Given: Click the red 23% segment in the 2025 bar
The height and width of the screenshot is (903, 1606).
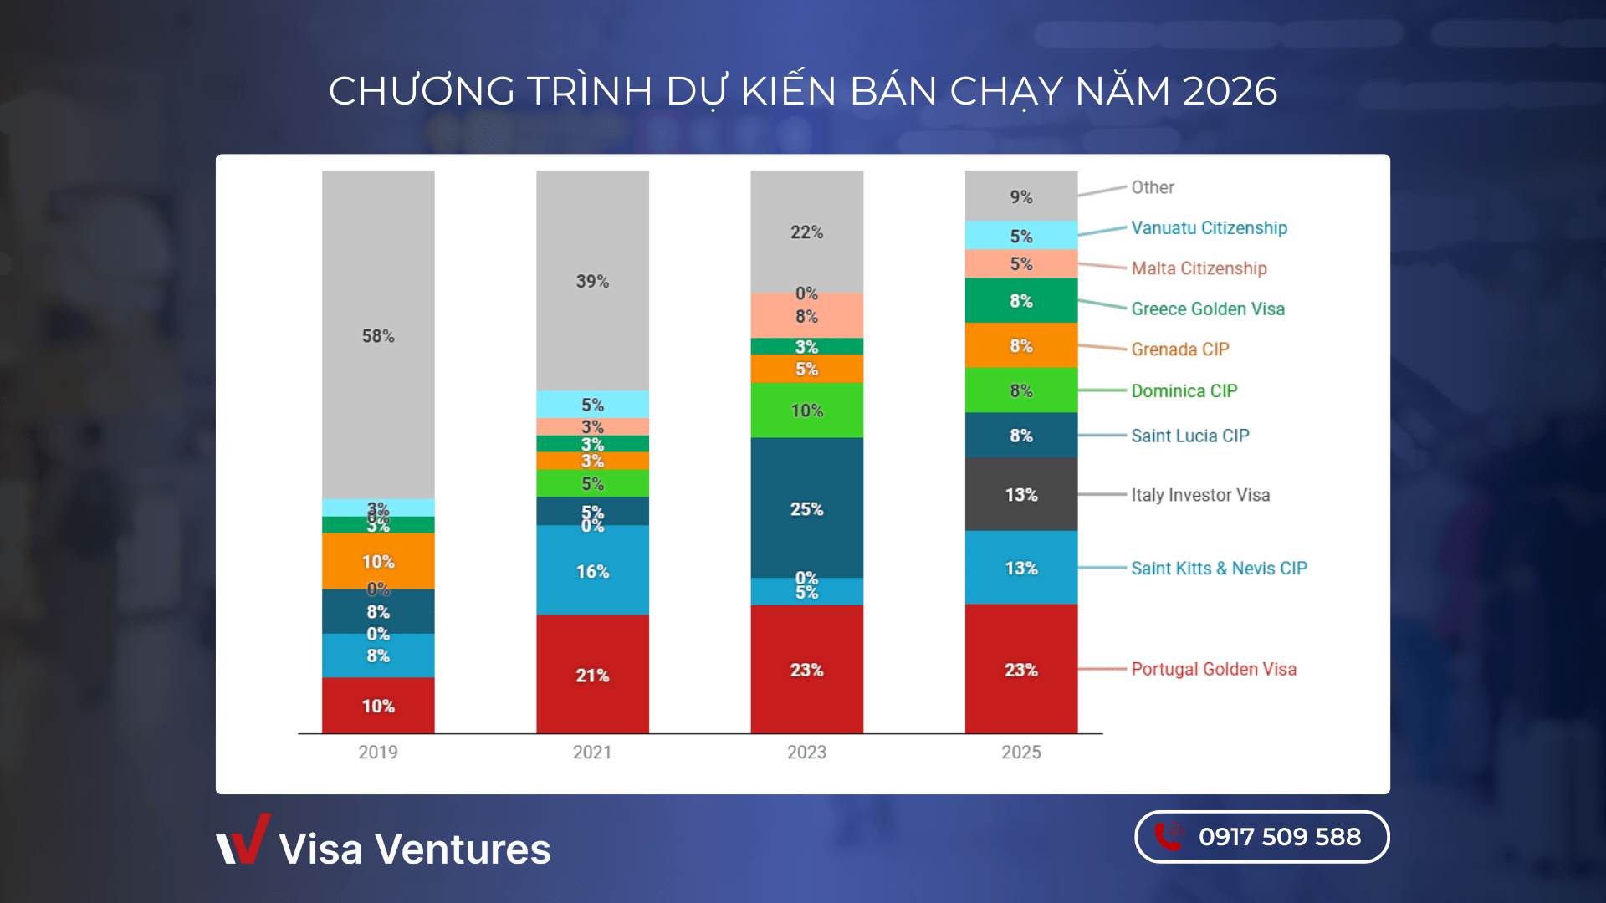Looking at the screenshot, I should click(1020, 669).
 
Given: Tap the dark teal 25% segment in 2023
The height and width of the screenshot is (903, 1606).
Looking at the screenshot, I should click(806, 508).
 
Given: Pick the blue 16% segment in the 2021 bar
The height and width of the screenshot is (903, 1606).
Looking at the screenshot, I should click(592, 570).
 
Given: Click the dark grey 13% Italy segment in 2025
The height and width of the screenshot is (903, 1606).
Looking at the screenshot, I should click(1020, 494).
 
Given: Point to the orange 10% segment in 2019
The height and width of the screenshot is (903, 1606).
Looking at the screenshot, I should click(378, 560).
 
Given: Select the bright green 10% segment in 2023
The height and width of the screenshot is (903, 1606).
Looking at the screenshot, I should click(806, 410).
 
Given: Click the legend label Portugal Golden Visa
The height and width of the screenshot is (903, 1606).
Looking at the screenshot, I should click(1213, 669).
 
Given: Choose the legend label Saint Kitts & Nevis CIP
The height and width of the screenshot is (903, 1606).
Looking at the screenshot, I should click(1218, 568).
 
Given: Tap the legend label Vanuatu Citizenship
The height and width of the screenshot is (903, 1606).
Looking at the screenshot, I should click(1209, 227).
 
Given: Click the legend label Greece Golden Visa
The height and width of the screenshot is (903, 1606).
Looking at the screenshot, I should click(1207, 309).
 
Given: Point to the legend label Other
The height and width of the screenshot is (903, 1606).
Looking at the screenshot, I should click(1152, 187).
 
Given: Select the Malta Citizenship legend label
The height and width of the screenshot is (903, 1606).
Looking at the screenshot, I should click(1199, 268).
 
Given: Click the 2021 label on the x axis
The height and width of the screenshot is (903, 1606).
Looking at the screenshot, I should click(592, 752).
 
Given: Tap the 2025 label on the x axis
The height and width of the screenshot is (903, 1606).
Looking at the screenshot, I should click(1020, 752).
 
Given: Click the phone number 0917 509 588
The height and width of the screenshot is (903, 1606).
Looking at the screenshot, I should click(1279, 836).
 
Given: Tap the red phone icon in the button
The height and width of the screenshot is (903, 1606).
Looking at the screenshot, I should click(1169, 836).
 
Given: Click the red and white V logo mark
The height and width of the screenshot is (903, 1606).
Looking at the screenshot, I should click(243, 839).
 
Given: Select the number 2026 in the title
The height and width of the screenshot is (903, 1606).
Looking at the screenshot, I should click(1230, 90).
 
